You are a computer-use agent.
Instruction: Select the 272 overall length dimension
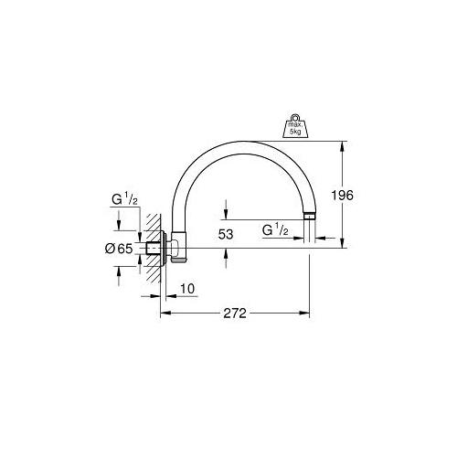235,314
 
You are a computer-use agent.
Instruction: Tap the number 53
225,234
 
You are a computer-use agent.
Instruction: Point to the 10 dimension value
188,290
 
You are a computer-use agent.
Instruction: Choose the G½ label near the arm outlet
275,230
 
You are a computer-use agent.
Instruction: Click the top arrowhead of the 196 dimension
343,143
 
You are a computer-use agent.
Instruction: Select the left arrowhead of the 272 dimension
165,314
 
